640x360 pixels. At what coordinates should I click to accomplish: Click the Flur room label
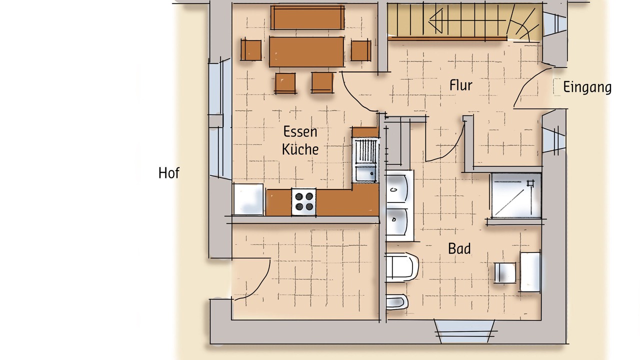461,85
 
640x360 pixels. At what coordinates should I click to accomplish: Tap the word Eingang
587,87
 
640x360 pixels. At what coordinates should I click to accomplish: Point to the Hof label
169,173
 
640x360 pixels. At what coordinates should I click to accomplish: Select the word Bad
459,248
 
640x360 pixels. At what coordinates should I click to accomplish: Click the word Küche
300,149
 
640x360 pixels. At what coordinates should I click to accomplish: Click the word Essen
300,131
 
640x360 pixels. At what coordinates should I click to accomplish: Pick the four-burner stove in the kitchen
303,201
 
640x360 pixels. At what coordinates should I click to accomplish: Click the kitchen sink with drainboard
365,160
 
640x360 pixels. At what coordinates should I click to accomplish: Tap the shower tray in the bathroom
516,195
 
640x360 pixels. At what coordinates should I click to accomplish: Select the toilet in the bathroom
401,267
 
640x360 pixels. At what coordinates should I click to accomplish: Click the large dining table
306,51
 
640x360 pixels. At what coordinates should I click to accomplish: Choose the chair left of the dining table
251,50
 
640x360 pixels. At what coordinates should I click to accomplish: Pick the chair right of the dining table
361,50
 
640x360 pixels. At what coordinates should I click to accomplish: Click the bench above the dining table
307,17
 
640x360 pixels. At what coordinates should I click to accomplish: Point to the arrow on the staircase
467,20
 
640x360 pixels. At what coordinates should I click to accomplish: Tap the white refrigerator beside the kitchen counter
248,199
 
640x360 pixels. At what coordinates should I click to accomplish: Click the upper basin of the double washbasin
396,188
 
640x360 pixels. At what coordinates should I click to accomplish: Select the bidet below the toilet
396,302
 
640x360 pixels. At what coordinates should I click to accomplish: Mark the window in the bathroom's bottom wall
464,331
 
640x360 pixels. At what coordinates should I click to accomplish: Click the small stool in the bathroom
505,272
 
